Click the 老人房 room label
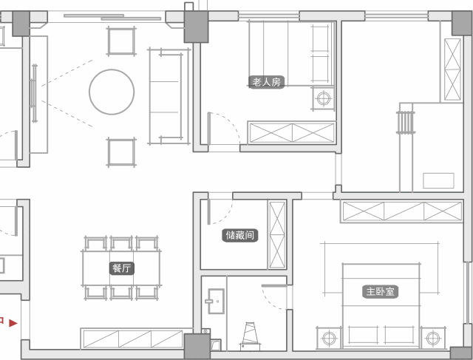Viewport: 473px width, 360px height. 266,82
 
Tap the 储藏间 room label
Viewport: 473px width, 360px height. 239,235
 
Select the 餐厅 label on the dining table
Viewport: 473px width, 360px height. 121,268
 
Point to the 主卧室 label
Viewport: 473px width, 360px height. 380,292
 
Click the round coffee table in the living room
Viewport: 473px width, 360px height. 112,92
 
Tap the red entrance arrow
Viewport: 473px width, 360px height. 13,323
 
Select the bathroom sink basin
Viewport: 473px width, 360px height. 215,301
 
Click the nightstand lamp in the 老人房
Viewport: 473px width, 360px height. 324,98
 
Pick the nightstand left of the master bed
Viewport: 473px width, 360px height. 329,338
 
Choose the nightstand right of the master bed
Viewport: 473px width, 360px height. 433,338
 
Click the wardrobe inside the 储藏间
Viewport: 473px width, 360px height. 277,235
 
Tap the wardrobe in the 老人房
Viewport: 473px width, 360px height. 292,133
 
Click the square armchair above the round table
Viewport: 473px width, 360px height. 121,41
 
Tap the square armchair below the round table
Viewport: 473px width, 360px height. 121,152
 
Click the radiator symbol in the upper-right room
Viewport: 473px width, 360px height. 406,122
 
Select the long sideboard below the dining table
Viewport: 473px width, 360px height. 133,339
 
